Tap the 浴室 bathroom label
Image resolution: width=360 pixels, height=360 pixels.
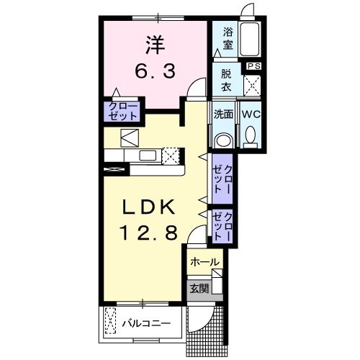coord(227,38)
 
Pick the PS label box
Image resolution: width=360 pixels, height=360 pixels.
coord(253,66)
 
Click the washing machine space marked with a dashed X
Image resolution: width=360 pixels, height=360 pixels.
coord(252,85)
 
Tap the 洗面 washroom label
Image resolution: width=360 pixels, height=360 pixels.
coord(223,114)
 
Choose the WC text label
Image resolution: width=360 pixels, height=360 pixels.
coord(251,114)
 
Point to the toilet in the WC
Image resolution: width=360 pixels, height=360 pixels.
coord(251,136)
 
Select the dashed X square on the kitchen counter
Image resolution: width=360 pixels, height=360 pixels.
coord(171,156)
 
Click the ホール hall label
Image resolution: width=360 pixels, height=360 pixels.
coord(204,263)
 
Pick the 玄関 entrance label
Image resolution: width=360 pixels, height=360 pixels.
coord(199,289)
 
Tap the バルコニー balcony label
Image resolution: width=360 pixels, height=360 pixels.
coord(146,323)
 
